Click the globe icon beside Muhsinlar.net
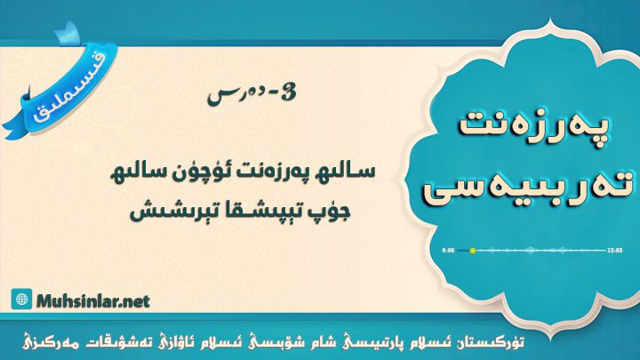tap(21, 300)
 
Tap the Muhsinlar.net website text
tap(93, 301)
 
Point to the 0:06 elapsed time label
tap(448, 250)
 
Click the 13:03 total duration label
tap(615, 250)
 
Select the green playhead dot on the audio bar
tap(473, 251)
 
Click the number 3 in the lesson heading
tap(289, 92)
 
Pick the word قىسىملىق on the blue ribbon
tap(70, 89)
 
